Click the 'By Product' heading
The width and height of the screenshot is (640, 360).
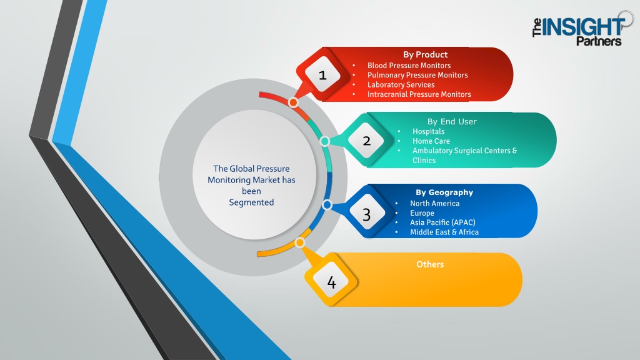(x=425, y=54)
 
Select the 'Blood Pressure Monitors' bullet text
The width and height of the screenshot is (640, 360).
(x=409, y=65)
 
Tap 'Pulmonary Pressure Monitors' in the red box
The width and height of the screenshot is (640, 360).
(x=417, y=75)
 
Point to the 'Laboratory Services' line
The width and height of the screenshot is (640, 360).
(x=401, y=84)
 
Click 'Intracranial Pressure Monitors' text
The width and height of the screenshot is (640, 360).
(x=419, y=94)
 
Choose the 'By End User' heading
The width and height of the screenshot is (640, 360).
(x=452, y=121)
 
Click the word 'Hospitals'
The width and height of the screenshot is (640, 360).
(x=429, y=131)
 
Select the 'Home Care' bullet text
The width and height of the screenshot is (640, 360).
(x=431, y=141)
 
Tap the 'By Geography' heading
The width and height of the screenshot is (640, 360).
(x=444, y=192)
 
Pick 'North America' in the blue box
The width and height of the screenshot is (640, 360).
(x=435, y=203)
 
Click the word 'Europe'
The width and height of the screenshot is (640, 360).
(x=422, y=213)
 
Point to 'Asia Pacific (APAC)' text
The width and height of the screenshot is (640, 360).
(x=443, y=222)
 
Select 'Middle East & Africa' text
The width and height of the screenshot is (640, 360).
(x=444, y=232)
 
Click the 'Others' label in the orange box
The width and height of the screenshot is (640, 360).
(x=430, y=264)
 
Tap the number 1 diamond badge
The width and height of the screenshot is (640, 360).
(x=323, y=75)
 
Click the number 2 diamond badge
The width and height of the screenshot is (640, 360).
(x=366, y=141)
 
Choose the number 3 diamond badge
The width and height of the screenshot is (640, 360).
(x=366, y=214)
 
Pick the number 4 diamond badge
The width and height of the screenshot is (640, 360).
(x=331, y=281)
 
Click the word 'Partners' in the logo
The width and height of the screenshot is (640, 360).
(x=599, y=41)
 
